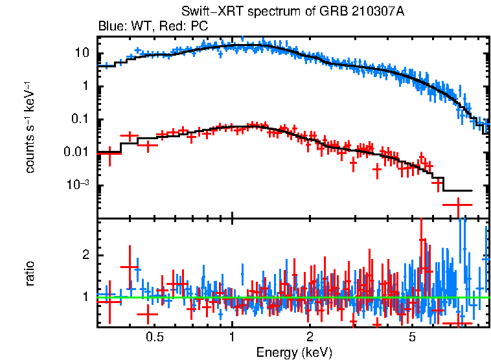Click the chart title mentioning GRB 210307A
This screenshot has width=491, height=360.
click(x=293, y=12)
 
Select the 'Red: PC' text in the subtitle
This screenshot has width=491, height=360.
click(x=179, y=27)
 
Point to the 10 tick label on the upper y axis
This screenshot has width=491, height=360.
click(x=81, y=53)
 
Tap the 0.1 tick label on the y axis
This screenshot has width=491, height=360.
click(x=80, y=120)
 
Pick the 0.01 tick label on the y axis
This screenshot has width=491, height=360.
click(x=77, y=153)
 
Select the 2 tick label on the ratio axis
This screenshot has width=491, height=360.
click(x=85, y=254)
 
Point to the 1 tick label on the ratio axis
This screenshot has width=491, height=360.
click(x=85, y=297)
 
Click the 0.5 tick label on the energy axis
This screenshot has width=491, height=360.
click(x=154, y=337)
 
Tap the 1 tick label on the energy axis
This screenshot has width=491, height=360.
click(x=232, y=337)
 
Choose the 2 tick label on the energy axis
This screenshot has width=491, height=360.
click(x=310, y=337)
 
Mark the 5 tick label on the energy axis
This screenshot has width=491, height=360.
click(x=412, y=337)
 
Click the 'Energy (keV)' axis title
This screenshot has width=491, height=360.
click(x=294, y=352)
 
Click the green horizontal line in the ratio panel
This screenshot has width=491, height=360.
click(x=291, y=297)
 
